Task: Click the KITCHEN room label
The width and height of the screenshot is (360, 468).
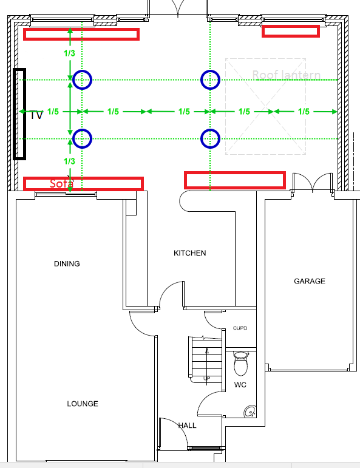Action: point(190,253)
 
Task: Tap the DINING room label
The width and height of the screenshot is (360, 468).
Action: point(67,264)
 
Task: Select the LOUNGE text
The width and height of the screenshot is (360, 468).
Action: point(83,404)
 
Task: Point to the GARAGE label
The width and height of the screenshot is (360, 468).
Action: point(310,282)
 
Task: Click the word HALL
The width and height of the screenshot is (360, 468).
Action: point(187,426)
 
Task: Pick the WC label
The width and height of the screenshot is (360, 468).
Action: point(240,385)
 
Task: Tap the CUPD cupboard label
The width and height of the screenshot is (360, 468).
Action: point(240,328)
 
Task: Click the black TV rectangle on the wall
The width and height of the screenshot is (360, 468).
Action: point(19,114)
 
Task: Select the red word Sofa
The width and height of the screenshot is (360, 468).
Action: point(61,183)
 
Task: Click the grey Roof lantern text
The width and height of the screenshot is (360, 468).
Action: point(286,75)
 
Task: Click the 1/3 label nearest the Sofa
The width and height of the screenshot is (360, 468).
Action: point(69,161)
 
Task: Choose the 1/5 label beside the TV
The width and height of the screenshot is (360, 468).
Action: point(53,112)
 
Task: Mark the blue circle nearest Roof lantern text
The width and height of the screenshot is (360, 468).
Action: point(210,79)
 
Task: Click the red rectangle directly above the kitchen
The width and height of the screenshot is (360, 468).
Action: point(234,180)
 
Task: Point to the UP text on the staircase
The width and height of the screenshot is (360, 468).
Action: point(206,378)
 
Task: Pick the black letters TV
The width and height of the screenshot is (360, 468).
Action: point(36,115)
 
